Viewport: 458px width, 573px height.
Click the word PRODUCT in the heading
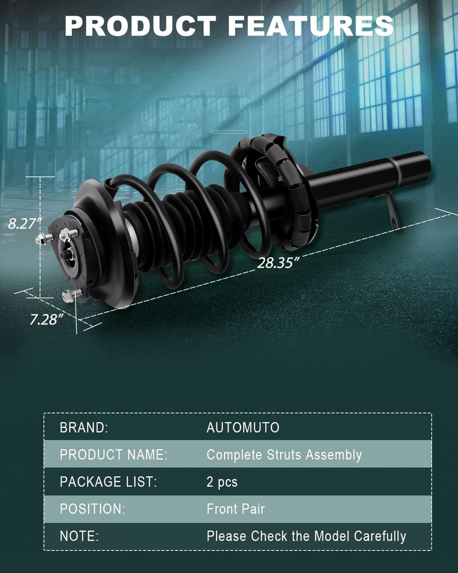(140, 26)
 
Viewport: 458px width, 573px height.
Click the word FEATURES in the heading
(311, 26)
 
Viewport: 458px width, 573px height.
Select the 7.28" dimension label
(47, 319)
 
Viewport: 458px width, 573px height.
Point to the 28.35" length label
(278, 263)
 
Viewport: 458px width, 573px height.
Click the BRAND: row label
(84, 428)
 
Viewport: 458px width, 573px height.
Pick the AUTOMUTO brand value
(243, 428)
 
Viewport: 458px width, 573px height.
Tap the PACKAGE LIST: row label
(108, 482)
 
